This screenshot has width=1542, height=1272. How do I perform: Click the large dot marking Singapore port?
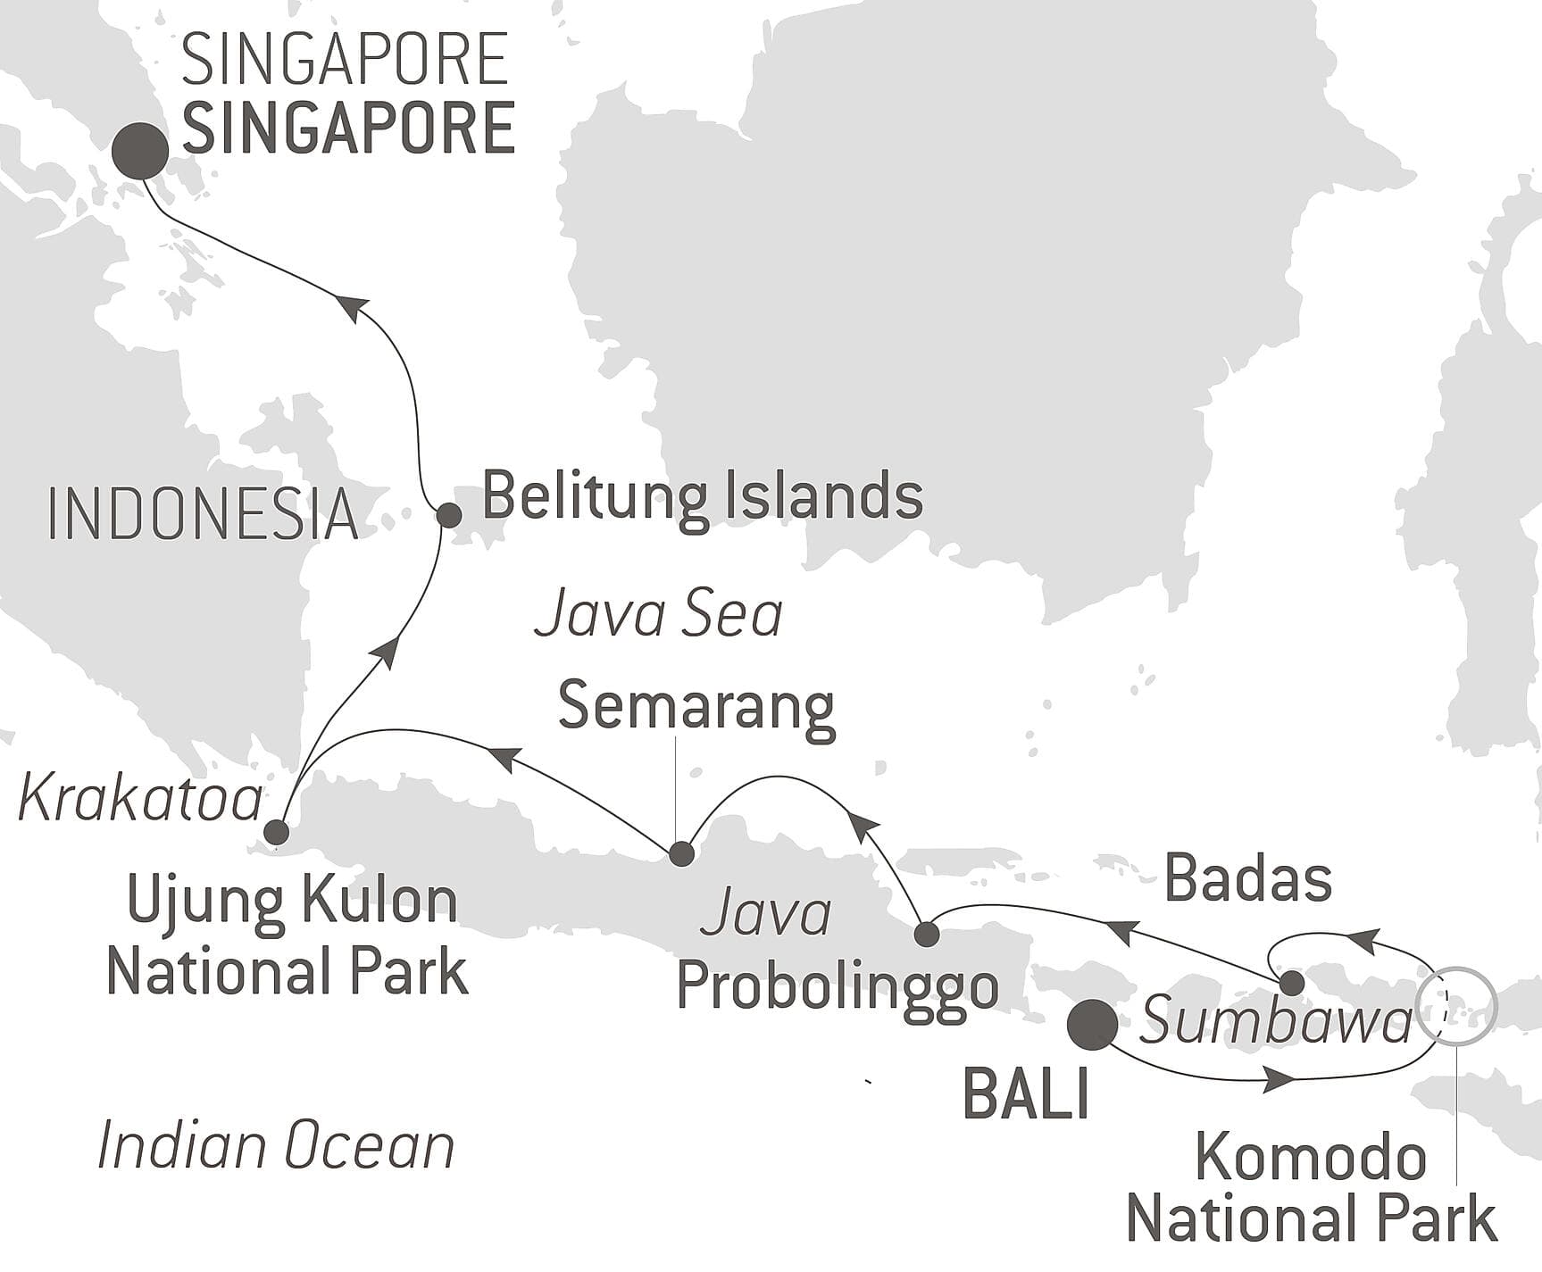(x=141, y=151)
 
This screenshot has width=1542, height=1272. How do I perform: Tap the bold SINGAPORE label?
(x=348, y=129)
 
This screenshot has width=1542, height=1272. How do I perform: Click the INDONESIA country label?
(x=202, y=515)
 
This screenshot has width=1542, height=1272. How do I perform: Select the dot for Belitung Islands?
(x=448, y=515)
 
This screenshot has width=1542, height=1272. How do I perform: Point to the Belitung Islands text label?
(x=702, y=496)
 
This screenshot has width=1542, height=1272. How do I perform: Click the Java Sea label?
(x=658, y=616)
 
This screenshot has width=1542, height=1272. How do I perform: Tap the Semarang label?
(x=696, y=706)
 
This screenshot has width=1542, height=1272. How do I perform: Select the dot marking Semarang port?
(x=681, y=853)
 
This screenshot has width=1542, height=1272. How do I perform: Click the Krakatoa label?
(x=140, y=799)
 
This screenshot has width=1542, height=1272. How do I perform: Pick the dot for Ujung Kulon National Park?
(x=277, y=833)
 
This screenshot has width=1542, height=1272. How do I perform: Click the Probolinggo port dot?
(x=927, y=935)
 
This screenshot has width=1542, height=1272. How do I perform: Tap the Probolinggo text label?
(x=837, y=987)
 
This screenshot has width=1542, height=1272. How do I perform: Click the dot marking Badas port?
(x=1291, y=984)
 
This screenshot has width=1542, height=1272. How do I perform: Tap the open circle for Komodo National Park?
(x=1456, y=1005)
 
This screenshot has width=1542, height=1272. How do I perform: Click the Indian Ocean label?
(x=275, y=1147)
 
